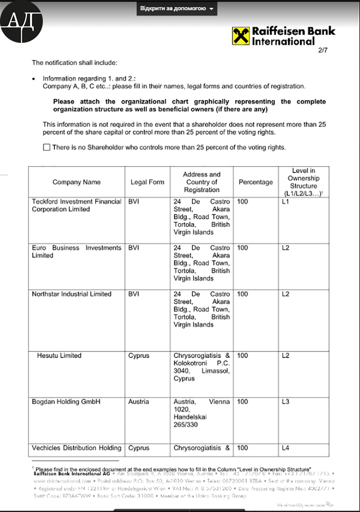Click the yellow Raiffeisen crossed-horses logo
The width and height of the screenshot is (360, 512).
pos(241,36)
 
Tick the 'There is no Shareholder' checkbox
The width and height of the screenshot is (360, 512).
pos(47,148)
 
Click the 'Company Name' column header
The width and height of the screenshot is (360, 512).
pos(77,182)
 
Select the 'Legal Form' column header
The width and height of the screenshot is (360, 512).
pos(147,182)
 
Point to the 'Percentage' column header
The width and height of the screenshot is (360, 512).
pos(255,182)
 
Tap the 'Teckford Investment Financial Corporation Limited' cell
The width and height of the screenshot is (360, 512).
pos(76,205)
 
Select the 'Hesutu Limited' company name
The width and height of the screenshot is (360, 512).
pos(59,355)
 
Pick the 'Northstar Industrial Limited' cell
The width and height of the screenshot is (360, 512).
pos(72,294)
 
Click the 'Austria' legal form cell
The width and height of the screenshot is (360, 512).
pos(138,402)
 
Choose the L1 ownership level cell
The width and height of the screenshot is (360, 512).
pos(286,202)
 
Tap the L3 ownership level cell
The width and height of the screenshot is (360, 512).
pos(286,402)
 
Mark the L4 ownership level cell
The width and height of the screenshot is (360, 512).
pos(286,448)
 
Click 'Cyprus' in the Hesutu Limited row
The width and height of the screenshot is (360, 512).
pos(139,355)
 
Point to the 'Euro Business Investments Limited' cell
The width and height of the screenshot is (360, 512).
pos(76,252)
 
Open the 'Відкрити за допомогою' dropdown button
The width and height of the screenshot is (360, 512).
pos(177,9)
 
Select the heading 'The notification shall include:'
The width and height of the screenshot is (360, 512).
pos(75,63)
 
